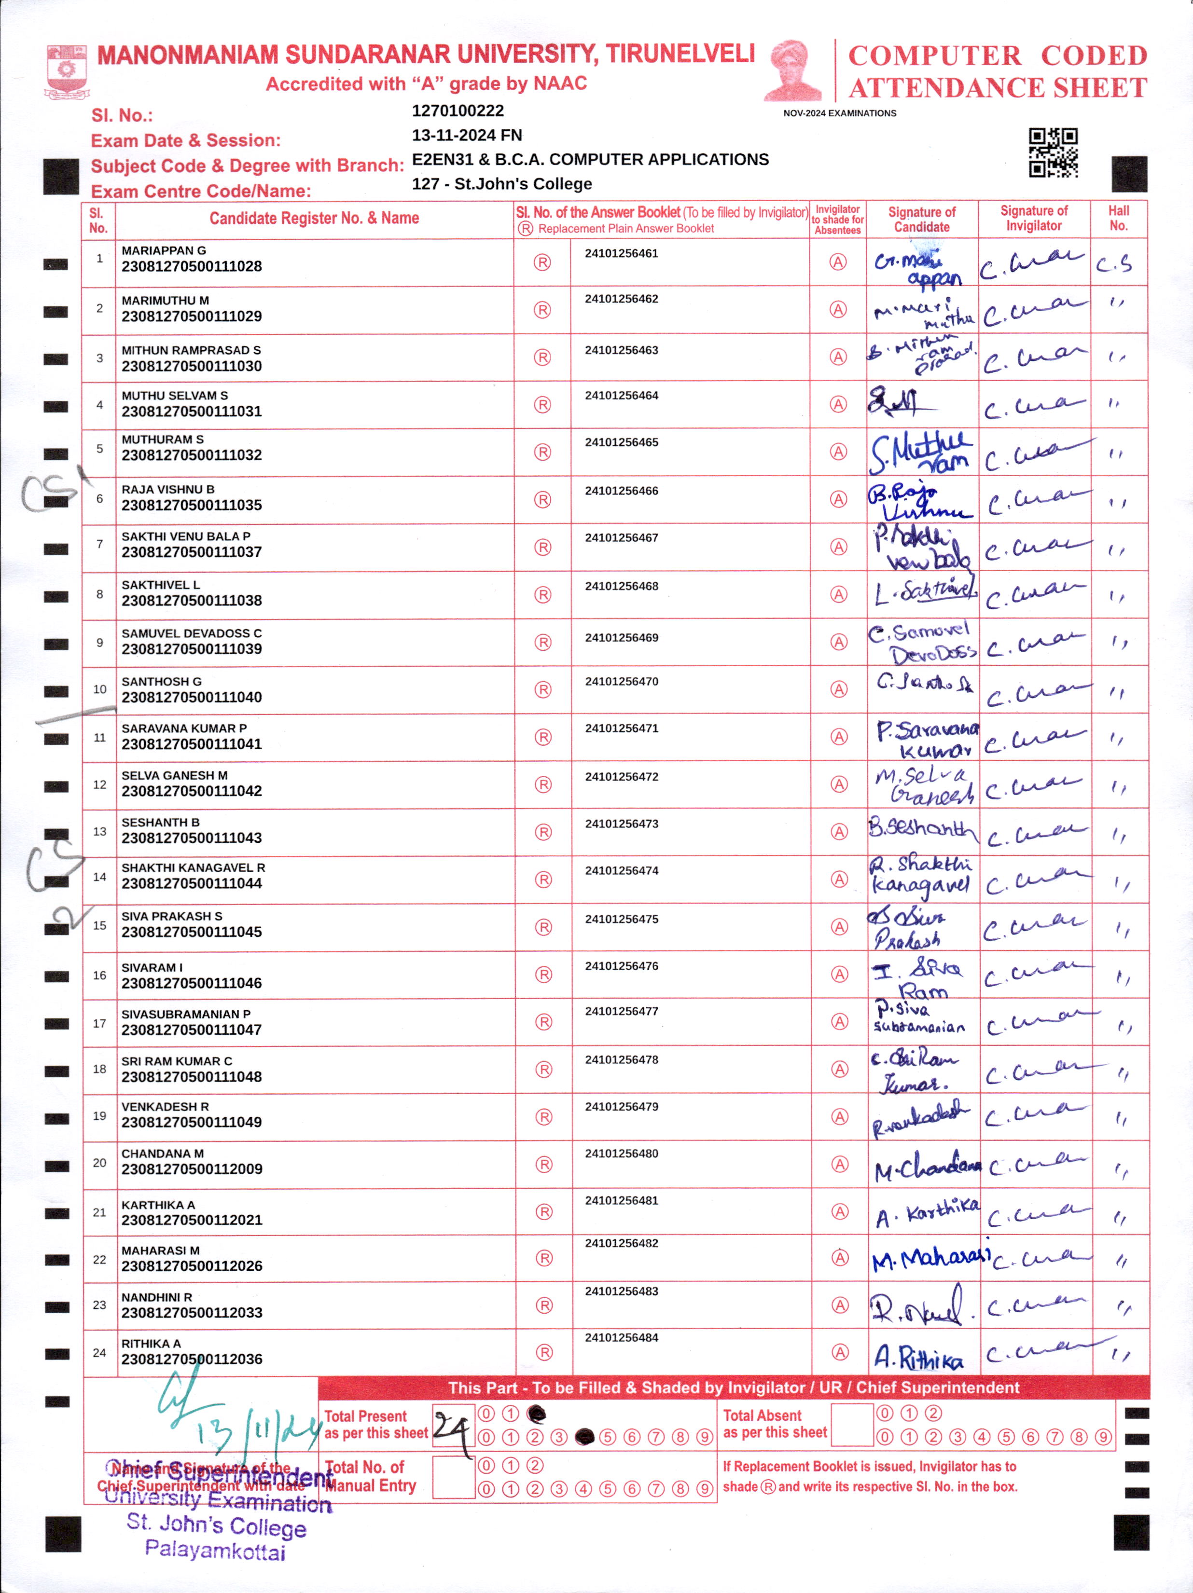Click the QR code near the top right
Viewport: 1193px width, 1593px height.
[1053, 152]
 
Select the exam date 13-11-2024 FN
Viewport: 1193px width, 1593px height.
[467, 136]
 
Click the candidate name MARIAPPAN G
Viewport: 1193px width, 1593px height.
[164, 250]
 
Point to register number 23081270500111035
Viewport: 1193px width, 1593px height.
[192, 506]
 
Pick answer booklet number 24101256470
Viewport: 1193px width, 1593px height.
[622, 681]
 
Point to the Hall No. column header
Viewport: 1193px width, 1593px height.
[1118, 218]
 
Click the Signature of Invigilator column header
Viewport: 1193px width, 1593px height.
[1034, 218]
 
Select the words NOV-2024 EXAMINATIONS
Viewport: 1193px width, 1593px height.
[839, 113]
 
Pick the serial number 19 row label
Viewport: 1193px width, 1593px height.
[99, 1115]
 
